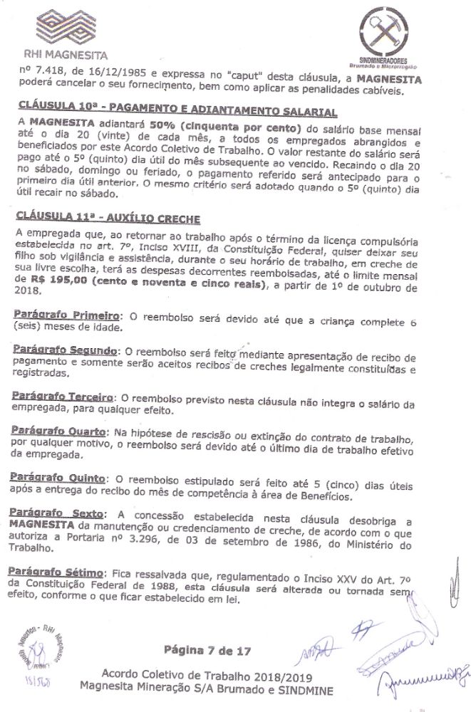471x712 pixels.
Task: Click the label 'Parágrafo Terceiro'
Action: pos(64,395)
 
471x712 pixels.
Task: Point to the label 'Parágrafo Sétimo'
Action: pos(58,572)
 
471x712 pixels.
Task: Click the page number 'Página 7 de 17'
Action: pos(207,649)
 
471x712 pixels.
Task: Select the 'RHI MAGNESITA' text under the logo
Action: pos(66,54)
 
